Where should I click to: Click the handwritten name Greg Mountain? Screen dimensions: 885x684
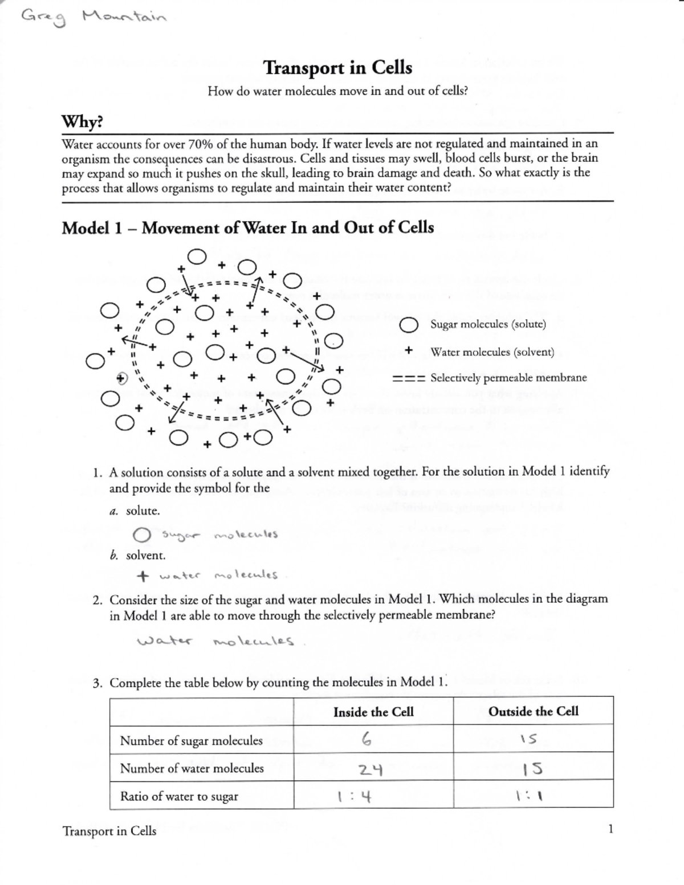point(93,18)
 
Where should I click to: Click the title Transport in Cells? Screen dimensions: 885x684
point(337,68)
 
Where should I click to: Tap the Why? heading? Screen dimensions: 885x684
point(82,122)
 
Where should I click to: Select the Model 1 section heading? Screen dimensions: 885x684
point(247,228)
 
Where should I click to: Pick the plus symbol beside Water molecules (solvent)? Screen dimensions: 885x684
point(408,351)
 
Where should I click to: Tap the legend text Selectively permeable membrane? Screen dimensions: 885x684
point(508,378)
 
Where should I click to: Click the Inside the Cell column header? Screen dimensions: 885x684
point(373,712)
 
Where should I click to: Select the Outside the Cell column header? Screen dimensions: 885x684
point(533,711)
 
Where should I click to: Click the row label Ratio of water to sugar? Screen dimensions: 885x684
point(179,797)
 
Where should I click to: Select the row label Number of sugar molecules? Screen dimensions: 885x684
point(191,741)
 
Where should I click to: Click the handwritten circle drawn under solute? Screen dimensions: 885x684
point(141,535)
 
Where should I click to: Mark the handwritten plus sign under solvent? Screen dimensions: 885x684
point(144,576)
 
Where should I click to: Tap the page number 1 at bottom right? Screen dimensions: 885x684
point(610,829)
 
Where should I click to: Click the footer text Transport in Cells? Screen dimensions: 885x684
point(109,831)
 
